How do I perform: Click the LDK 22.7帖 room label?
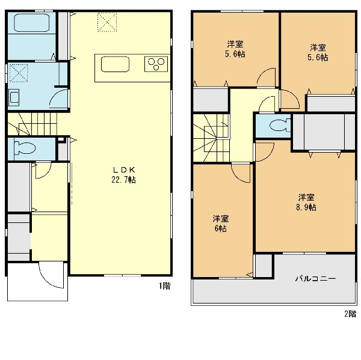pyautogui.click(x=123, y=175)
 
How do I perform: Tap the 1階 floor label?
pyautogui.click(x=165, y=286)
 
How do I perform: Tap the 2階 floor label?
pyautogui.click(x=350, y=314)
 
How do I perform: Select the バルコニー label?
pyautogui.click(x=316, y=279)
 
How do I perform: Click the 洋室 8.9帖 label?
pyautogui.click(x=306, y=203)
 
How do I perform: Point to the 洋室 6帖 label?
pyautogui.click(x=221, y=224)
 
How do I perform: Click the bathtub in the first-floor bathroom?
pyautogui.click(x=32, y=22)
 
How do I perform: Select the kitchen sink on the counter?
pyautogui.click(x=115, y=64)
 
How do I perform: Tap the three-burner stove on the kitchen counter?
pyautogui.click(x=156, y=64)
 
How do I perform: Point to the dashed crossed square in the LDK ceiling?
pyautogui.click(x=107, y=22)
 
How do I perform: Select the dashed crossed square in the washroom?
pyautogui.click(x=19, y=73)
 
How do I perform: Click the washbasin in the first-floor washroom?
pyautogui.click(x=14, y=99)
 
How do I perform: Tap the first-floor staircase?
pyautogui.click(x=32, y=124)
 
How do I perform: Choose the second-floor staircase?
pyautogui.click(x=211, y=138)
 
